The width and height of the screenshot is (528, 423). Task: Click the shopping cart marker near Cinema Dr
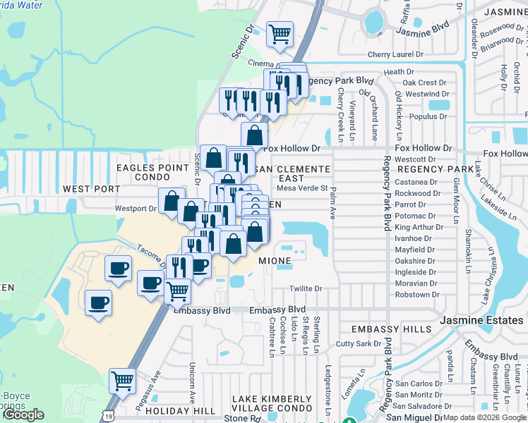[x=280, y=33]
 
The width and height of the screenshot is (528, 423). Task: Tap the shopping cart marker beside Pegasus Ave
[x=123, y=381]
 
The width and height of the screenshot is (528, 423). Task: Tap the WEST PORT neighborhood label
[x=92, y=189]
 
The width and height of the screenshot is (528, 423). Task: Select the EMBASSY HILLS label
[x=391, y=329]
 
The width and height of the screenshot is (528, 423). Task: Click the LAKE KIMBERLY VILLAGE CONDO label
[x=272, y=405]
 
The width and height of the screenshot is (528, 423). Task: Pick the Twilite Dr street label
[x=306, y=289]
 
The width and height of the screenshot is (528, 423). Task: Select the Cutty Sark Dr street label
[x=359, y=343]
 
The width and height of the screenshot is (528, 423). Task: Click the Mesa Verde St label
[x=302, y=188]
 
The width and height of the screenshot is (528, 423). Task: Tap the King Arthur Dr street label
[x=419, y=227]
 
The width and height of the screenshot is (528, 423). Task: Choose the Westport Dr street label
[x=136, y=209]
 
